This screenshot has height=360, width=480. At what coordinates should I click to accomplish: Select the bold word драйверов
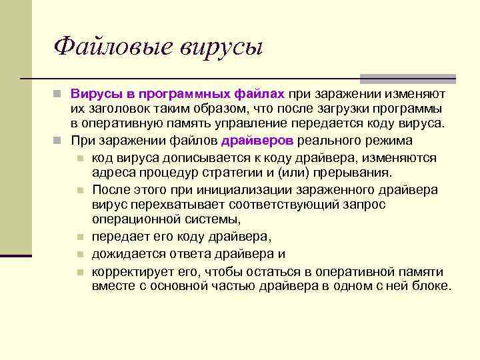257,141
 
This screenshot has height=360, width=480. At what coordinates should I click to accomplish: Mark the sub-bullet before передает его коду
79,237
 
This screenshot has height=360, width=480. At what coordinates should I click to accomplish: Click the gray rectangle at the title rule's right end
407,78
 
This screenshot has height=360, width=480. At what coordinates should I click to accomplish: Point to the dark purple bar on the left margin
16,255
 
